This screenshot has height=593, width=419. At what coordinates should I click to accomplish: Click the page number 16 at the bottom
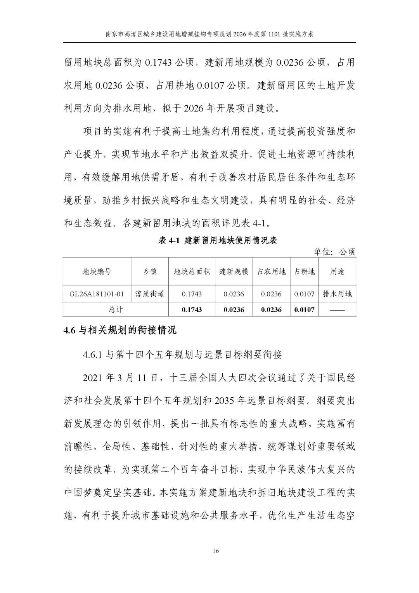point(216,551)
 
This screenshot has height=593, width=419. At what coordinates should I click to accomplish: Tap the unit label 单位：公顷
point(334,252)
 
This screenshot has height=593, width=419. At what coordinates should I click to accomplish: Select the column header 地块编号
point(97,271)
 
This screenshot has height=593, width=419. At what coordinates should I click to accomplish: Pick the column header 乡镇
point(150,271)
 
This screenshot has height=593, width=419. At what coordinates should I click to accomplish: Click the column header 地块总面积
point(192,271)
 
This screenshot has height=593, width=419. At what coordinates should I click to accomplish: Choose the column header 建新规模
point(234,271)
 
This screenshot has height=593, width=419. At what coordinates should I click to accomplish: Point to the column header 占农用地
point(271,271)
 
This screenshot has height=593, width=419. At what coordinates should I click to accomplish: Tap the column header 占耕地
point(305,271)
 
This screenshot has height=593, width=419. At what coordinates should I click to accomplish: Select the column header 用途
point(337,271)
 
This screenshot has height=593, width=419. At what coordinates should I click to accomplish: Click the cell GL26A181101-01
point(97,294)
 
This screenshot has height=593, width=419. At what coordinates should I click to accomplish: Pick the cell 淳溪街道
point(150,294)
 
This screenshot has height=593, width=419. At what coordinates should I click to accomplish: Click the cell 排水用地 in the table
point(337,294)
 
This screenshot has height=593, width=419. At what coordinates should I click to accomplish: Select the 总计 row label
point(116,310)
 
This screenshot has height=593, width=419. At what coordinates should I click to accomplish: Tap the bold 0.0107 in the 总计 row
point(305,310)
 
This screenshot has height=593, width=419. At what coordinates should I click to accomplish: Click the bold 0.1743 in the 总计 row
point(192,310)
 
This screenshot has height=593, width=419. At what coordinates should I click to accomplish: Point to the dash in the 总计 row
point(337,310)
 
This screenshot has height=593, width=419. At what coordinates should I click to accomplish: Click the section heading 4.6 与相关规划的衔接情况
point(120,330)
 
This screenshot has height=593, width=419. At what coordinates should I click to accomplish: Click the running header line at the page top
point(209,34)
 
